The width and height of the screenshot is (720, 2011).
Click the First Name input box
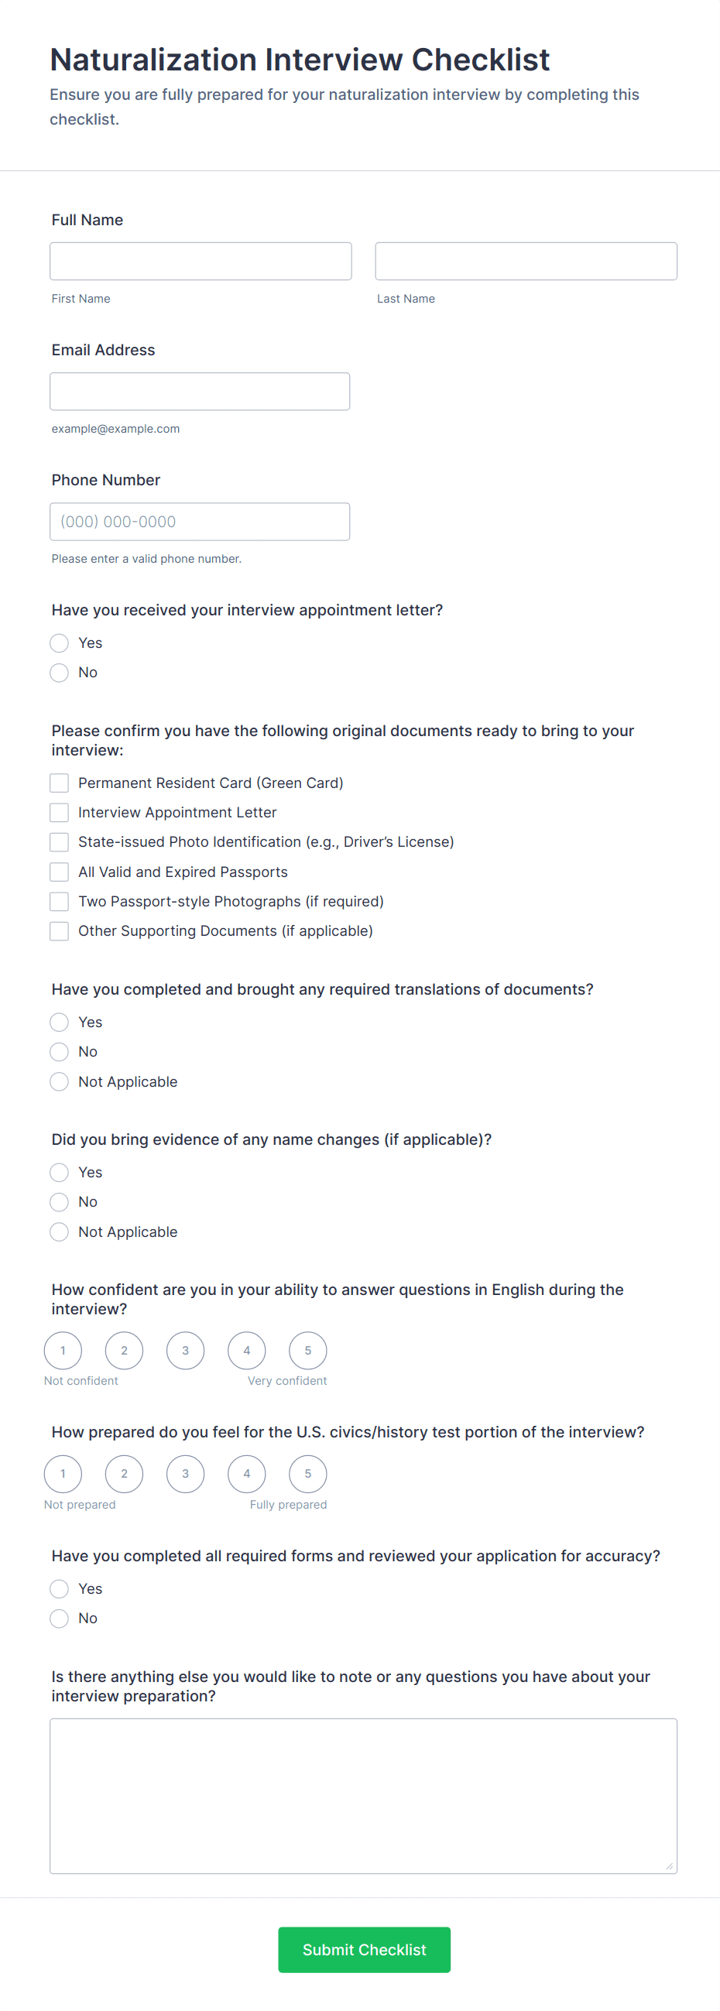pos(201,261)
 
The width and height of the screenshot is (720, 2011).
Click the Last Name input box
pos(526,261)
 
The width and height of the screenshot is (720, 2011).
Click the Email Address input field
pos(200,391)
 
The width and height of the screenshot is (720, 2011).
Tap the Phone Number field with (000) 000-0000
pos(200,522)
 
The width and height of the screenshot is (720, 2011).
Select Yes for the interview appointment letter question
pos(60,642)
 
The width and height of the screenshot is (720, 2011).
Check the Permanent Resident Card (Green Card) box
pos(60,783)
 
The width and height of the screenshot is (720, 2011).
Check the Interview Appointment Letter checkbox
pos(60,812)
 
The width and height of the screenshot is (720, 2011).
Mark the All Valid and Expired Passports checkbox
pos(60,872)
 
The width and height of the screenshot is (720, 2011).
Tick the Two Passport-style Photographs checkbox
pos(60,901)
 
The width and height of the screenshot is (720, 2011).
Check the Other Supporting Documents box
pos(60,930)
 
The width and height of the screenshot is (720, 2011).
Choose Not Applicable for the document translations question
pos(60,1081)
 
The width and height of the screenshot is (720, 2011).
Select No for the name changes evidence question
pos(60,1201)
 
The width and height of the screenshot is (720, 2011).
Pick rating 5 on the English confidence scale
pos(307,1350)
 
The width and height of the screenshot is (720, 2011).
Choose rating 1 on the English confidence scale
pos(63,1350)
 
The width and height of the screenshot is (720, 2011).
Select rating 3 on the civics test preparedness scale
pos(185,1473)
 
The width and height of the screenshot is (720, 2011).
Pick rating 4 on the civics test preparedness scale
pos(247,1473)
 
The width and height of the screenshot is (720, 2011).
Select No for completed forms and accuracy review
pos(60,1618)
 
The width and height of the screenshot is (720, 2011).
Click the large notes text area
pos(363,1795)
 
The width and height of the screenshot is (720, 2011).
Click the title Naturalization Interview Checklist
pos(300,60)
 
